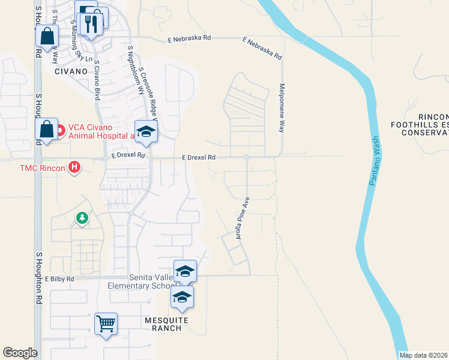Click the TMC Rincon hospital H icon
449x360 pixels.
tap(74, 167)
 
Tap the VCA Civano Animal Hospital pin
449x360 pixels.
tap(59, 130)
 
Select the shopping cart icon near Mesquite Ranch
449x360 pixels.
tap(106, 324)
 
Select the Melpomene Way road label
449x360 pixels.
tap(281, 107)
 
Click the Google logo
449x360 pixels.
tap(20, 353)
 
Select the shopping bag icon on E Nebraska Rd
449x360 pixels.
tap(47, 35)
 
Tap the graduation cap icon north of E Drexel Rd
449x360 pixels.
tap(145, 131)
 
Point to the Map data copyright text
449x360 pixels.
tap(424, 355)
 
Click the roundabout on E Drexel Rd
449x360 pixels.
tap(246, 157)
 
